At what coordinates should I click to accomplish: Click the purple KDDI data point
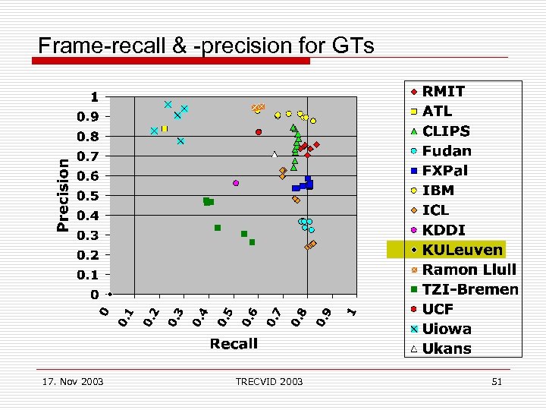pyautogui.click(x=236, y=183)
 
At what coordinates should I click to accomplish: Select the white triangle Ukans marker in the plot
pyautogui.click(x=275, y=155)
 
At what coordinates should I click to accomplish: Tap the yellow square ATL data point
pyautogui.click(x=164, y=129)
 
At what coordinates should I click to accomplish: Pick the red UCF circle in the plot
pyautogui.click(x=259, y=132)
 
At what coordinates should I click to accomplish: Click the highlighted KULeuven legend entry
pyautogui.click(x=462, y=250)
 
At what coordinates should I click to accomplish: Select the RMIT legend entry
pyautogui.click(x=444, y=92)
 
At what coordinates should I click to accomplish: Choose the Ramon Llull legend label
pyautogui.click(x=469, y=270)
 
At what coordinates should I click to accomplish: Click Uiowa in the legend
pyautogui.click(x=447, y=329)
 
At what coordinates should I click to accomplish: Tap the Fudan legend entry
pyautogui.click(x=447, y=151)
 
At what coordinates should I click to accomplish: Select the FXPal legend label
pyautogui.click(x=447, y=171)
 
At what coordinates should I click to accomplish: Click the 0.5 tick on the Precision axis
pyautogui.click(x=89, y=196)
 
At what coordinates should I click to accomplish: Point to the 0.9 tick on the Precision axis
pyautogui.click(x=89, y=117)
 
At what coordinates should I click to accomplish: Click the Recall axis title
pyautogui.click(x=234, y=344)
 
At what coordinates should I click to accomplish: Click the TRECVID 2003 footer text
pyautogui.click(x=268, y=381)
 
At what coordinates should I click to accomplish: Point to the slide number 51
pyautogui.click(x=497, y=381)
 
